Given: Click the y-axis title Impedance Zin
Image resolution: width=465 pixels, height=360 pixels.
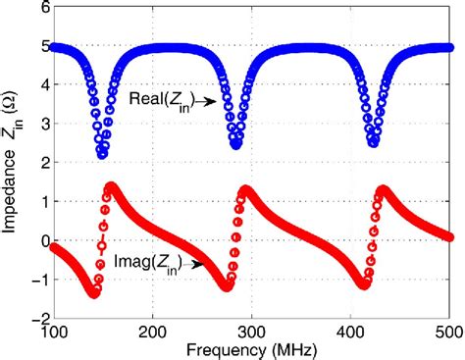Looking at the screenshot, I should tap(13, 162).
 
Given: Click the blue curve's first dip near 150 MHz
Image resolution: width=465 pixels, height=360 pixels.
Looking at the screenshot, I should tap(102, 154).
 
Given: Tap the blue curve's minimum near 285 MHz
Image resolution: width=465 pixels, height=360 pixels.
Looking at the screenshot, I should tap(236, 144).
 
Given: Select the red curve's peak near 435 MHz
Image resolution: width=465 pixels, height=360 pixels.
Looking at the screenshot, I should tap(382, 189).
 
